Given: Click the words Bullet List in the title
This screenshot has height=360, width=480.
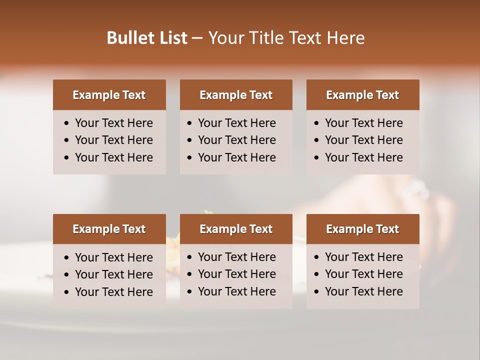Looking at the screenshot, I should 147,38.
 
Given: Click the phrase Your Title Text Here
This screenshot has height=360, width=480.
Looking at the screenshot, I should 286,38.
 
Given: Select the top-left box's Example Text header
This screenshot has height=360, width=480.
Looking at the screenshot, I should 109,95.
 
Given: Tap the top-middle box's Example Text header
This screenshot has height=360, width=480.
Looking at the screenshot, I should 236,95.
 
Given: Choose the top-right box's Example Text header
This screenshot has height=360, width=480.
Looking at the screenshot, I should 362,95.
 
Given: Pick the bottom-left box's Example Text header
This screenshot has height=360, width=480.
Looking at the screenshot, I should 109,229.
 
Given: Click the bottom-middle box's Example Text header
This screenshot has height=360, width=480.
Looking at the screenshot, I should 236,229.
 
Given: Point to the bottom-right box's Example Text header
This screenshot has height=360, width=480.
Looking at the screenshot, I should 362,229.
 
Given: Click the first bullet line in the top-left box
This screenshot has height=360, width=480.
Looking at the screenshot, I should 113,123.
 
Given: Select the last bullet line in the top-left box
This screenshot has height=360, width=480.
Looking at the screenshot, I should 113,157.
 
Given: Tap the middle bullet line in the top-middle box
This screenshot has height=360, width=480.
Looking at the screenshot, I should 236,140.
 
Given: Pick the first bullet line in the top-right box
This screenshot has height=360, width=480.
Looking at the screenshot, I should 363,123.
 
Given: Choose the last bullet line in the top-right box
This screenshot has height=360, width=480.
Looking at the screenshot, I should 363,157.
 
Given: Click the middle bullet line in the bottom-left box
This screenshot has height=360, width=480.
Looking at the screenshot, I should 113,274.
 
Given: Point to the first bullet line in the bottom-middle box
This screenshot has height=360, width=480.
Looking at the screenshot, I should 236,257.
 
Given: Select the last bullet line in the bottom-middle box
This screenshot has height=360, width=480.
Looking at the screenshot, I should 236,291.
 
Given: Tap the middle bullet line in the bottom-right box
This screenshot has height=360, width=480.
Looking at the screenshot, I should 363,274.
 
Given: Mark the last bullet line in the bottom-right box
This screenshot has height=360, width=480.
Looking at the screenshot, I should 363,291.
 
